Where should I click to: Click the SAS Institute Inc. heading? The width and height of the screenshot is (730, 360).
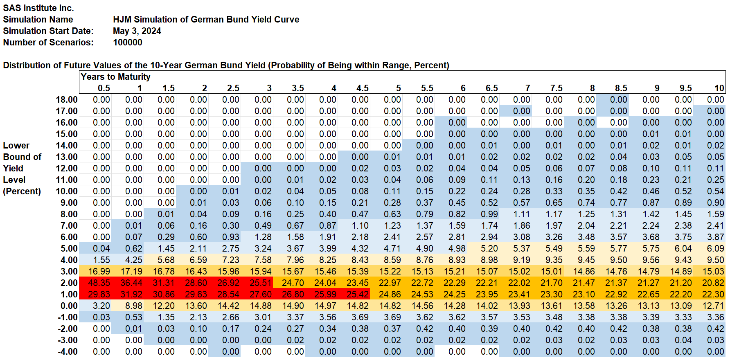tap(38, 8)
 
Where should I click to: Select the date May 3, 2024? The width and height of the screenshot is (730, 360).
tap(137, 31)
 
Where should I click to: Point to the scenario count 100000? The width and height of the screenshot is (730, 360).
tap(128, 42)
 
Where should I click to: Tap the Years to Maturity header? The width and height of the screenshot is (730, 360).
tap(115, 76)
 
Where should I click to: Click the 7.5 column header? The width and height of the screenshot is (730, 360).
tap(556, 88)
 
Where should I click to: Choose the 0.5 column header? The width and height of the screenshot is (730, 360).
tap(104, 88)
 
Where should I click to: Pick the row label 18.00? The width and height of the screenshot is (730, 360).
tap(67, 99)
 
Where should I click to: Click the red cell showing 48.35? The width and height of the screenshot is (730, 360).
tap(99, 283)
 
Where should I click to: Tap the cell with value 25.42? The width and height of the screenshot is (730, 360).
tap(358, 294)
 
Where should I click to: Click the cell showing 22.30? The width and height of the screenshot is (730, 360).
tap(713, 294)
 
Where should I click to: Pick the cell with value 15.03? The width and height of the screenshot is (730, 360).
tap(713, 271)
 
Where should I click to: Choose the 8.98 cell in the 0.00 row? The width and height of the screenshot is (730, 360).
tap(133, 306)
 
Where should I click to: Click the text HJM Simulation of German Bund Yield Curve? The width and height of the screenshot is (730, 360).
tap(206, 19)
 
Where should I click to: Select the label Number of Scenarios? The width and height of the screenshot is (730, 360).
tap(48, 42)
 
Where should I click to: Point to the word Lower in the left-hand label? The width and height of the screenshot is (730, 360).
tap(16, 145)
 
